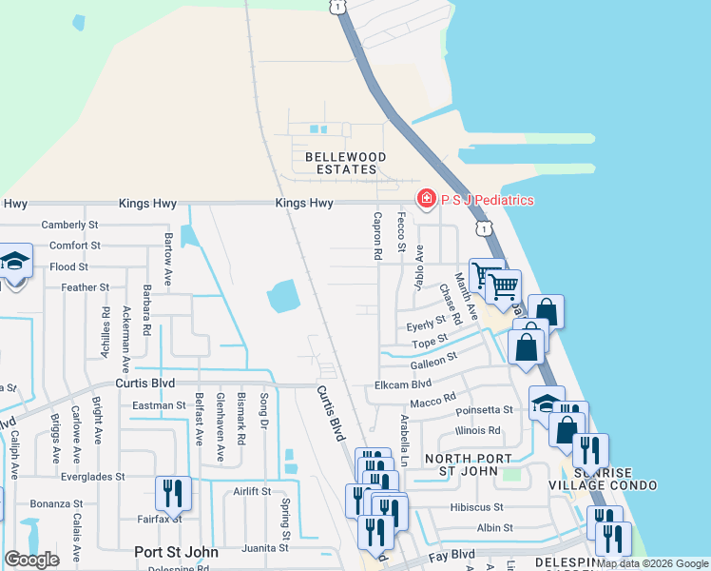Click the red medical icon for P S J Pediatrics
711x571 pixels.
[426, 199]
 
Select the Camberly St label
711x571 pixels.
[70, 226]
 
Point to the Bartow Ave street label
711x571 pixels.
[168, 248]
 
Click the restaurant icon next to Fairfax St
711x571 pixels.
[173, 493]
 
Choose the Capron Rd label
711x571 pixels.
[377, 237]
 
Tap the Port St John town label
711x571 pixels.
[176, 552]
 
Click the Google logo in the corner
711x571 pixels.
[31, 560]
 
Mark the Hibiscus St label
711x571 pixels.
[478, 508]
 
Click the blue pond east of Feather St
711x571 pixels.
[284, 296]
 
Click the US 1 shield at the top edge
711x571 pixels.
[336, 6]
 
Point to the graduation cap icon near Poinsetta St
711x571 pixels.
[547, 403]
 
